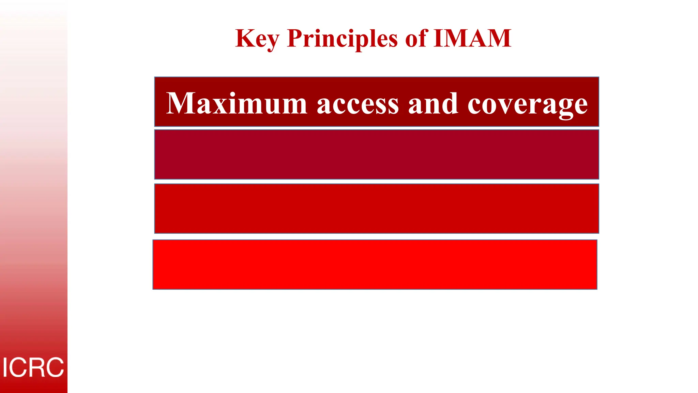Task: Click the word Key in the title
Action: pos(257,39)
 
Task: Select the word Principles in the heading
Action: pos(342,39)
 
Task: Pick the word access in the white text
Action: pos(358,104)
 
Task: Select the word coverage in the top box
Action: pos(527,104)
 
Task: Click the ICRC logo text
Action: pos(33,367)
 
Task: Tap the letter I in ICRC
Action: pos(5,367)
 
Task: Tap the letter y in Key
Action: pos(272,41)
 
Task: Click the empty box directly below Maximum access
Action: pos(376,154)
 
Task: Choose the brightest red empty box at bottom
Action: pos(375,264)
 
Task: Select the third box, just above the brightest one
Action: pos(376,208)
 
